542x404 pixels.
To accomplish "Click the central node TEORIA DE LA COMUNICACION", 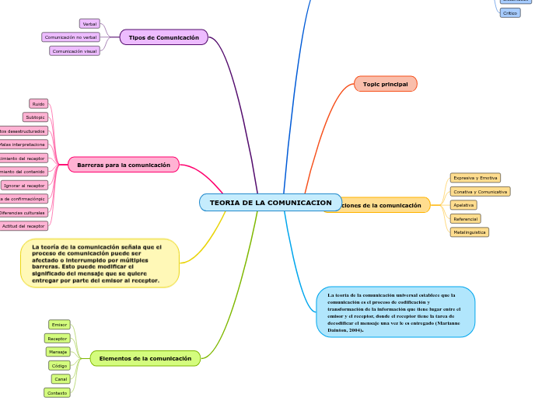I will pos(270,203).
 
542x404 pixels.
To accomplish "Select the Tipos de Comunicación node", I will pos(163,37).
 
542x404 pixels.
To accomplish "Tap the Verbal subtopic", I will pos(89,24).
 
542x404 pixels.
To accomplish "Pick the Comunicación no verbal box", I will pos(71,37).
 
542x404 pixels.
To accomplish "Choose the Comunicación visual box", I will pos(75,51).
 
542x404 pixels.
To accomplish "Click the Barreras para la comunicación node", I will pos(124,165).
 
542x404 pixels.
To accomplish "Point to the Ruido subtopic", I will pos(38,104).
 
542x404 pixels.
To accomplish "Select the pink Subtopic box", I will pos(35,117).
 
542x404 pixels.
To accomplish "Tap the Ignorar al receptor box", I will pos(24,186).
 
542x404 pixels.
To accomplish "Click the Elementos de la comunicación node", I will pos(145,358).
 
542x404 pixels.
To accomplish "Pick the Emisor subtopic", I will pos(59,325).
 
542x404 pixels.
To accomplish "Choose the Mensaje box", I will pos(58,352).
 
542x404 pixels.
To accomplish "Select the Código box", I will pos(58,365).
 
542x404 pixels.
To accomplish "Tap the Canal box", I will pos(61,379).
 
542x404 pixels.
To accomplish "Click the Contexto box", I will pos(57,393).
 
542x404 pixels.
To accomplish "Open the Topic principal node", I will pos(385,84).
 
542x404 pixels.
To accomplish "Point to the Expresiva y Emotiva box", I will pos(475,178).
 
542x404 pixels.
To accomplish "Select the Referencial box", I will pos(466,219).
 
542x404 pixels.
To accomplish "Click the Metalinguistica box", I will pos(470,232).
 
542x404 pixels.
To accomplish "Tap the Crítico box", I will pos(509,13).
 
